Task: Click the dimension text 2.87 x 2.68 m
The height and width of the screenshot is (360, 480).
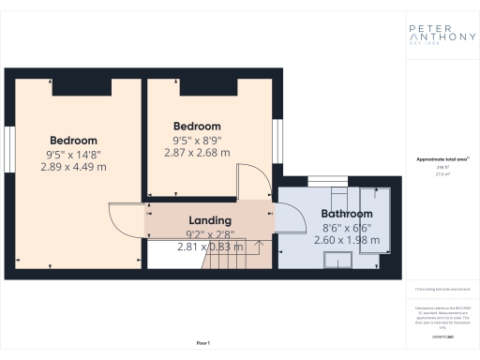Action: coord(198,152)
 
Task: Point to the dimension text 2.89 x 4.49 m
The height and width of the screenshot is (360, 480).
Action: coord(74,167)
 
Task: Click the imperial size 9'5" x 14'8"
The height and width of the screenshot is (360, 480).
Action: coord(74,154)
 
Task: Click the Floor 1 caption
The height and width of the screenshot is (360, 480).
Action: coord(202,344)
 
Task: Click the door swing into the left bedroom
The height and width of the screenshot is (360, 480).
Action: coord(126,223)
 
